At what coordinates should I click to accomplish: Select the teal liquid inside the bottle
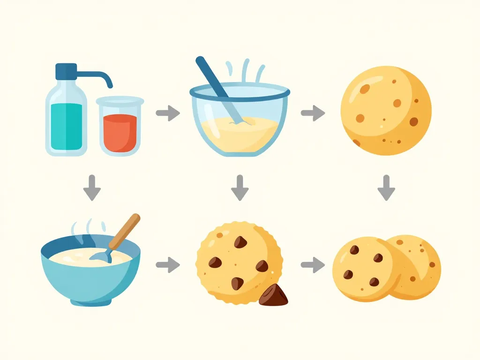66,124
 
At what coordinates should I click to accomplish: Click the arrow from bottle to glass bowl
167,113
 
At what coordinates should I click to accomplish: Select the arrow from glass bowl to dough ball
313,112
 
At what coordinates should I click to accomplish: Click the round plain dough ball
386,111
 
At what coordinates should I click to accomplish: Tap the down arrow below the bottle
92,187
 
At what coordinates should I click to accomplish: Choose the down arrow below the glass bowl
240,187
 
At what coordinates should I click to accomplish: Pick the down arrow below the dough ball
386,187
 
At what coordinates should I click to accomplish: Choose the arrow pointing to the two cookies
313,265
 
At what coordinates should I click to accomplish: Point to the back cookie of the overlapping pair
424,262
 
